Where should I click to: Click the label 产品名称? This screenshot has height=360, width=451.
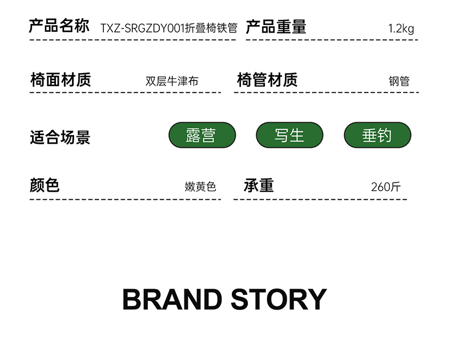point(59,27)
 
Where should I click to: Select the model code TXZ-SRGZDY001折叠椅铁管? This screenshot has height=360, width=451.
point(168,29)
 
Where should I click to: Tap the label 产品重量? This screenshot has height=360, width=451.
point(276,27)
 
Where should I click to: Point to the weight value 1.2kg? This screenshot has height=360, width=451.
point(401,29)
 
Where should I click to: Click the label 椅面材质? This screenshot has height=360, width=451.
point(60,80)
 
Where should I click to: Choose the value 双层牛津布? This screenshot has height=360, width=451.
point(172,82)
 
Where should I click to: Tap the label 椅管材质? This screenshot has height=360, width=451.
point(267,80)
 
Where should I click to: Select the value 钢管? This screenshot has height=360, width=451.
point(399,82)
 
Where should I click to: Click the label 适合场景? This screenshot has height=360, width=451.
point(60,137)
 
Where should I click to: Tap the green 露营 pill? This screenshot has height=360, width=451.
point(202,135)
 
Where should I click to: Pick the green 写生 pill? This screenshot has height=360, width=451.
point(289,135)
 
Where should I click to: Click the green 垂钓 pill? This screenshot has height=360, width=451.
point(377,135)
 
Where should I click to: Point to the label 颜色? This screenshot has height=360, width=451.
point(45,185)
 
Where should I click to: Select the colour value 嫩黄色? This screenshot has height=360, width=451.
point(200,187)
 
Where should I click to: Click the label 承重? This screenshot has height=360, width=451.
point(259,185)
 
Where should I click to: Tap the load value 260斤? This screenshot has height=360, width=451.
point(386,187)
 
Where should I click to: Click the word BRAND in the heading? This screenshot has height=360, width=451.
point(172,300)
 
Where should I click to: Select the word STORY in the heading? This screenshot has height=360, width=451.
point(279,300)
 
